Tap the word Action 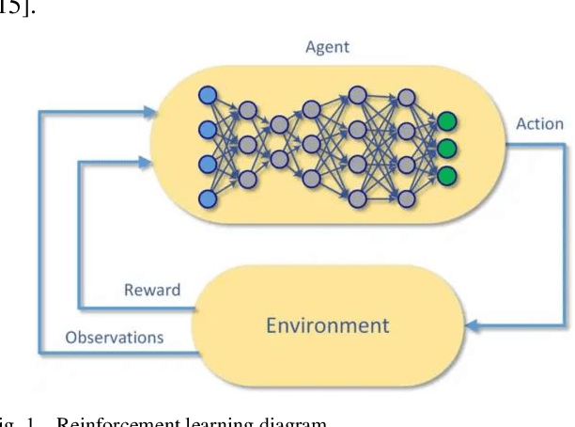tap(539, 124)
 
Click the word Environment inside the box tap(327, 325)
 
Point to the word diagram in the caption tap(291, 420)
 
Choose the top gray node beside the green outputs tap(407, 97)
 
